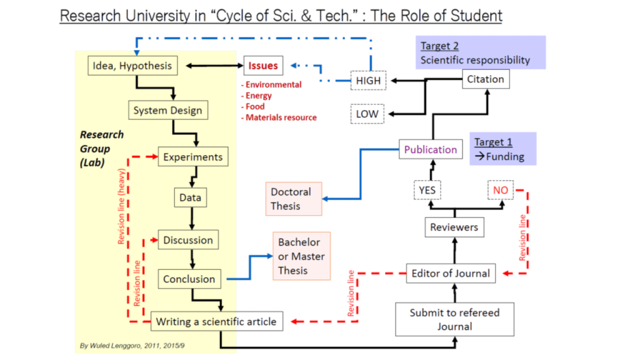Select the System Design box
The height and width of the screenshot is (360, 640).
tap(167, 111)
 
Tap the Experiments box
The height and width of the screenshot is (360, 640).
tap(192, 157)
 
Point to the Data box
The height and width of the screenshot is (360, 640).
tap(190, 198)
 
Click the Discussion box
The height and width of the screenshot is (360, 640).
tap(188, 240)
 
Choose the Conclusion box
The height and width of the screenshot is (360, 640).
tap(189, 279)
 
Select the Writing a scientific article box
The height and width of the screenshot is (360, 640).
tap(216, 322)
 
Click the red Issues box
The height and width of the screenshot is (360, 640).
tap(262, 66)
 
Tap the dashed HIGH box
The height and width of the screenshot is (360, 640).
tap(367, 81)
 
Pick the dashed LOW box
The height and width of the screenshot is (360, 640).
tap(367, 114)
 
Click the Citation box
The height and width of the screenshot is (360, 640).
tap(486, 79)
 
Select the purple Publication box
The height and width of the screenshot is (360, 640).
tap(430, 150)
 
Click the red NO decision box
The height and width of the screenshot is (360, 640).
tap(501, 189)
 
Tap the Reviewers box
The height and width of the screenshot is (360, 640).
tap(454, 227)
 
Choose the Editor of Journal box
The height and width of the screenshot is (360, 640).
tap(451, 273)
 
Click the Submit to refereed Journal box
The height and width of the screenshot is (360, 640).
tap(454, 319)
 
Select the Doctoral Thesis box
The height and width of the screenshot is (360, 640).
tap(294, 198)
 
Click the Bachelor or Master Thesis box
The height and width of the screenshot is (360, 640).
tap(301, 256)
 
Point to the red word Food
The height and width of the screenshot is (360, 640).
tap(255, 106)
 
